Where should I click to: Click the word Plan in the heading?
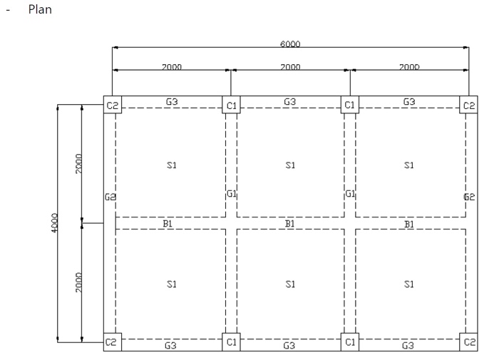36,11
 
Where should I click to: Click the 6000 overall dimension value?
289,44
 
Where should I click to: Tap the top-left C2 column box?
112,106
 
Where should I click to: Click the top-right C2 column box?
468,106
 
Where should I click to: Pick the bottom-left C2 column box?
112,342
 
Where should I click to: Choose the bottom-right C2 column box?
468,342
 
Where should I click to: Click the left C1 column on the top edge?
231,106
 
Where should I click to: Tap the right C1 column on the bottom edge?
350,342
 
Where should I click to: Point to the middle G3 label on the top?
290,102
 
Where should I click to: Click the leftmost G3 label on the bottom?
171,346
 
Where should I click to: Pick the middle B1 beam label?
290,224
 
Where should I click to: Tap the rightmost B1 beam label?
409,224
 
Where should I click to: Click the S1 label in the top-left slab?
171,165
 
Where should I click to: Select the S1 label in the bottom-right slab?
409,284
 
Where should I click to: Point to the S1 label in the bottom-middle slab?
290,284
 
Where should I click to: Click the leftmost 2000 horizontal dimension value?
171,67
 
